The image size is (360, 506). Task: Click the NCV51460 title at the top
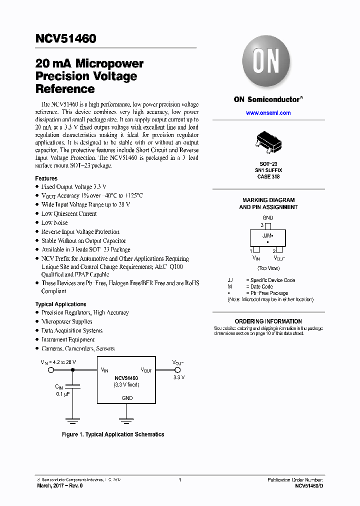click(65, 39)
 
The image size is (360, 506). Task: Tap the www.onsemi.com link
click(268, 113)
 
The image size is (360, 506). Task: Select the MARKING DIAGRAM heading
click(268, 200)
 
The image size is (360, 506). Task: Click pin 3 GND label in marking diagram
click(268, 218)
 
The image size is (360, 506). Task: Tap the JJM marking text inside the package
click(267, 235)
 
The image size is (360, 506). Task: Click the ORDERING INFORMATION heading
click(268, 321)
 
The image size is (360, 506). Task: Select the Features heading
click(46, 178)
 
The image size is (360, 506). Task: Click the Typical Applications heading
click(60, 304)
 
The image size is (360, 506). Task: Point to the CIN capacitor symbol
click(73, 386)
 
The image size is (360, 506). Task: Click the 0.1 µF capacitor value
click(62, 394)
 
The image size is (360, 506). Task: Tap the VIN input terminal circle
click(50, 370)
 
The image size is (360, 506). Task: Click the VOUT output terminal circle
click(178, 370)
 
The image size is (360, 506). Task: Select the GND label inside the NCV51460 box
click(127, 398)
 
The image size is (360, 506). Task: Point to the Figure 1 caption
click(113, 434)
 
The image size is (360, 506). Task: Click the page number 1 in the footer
click(179, 480)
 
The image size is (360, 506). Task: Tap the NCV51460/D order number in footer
click(309, 486)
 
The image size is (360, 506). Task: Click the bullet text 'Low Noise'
click(54, 222)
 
